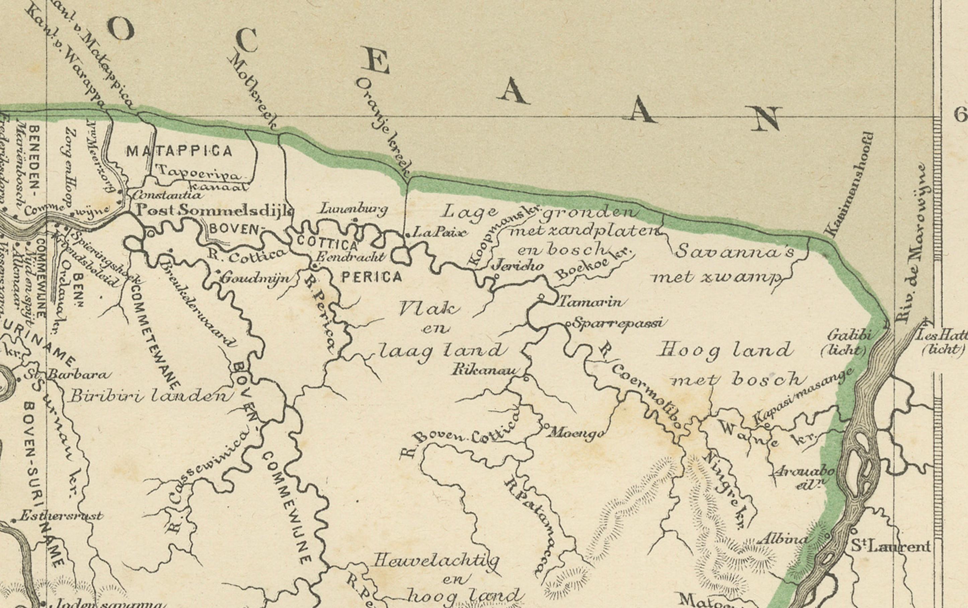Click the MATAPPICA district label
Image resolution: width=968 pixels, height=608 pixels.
[x=179, y=152]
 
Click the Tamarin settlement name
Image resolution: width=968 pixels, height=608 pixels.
[x=590, y=301]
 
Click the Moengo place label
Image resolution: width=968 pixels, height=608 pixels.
[x=576, y=433]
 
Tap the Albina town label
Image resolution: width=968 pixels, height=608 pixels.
[x=782, y=539]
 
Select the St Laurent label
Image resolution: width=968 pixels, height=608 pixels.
[x=890, y=546]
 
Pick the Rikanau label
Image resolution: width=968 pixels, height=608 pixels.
[x=486, y=370]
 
